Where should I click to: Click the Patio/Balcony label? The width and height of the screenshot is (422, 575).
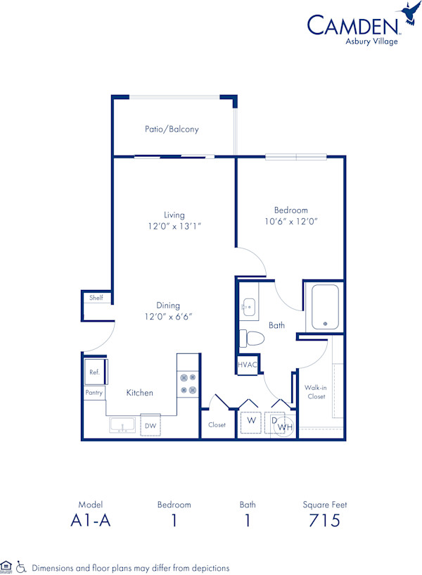[172, 129]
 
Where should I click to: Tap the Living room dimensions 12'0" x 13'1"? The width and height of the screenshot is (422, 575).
[174, 226]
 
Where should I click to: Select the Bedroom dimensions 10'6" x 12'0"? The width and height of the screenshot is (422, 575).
[290, 221]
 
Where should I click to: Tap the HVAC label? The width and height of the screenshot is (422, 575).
[248, 365]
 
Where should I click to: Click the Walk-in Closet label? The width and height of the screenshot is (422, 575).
[315, 392]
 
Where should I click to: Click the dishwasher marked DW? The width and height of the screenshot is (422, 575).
[150, 426]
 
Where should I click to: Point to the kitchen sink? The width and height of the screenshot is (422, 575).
[122, 426]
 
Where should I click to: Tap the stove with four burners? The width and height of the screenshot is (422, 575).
[188, 383]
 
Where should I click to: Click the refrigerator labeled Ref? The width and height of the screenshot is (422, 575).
[94, 372]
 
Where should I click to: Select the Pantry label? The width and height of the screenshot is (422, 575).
[94, 393]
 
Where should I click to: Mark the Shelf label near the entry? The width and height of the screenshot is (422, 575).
[96, 298]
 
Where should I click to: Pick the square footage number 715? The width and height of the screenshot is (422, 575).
[325, 521]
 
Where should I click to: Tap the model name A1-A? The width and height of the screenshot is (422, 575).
[91, 521]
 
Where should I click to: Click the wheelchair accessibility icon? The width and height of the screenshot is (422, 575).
[22, 567]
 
